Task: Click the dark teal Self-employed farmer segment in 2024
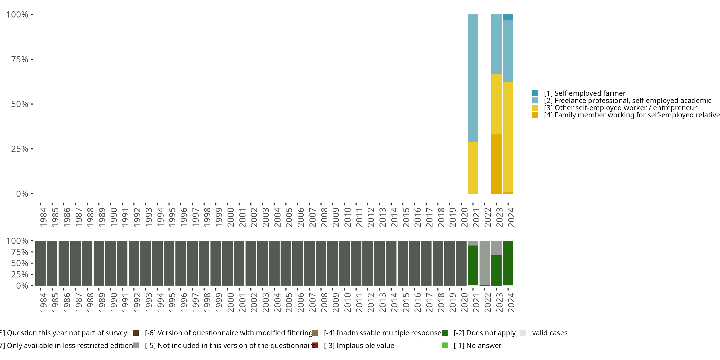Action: point(508,17)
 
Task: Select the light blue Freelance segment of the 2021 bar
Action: point(473,78)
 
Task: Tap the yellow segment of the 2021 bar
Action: point(473,168)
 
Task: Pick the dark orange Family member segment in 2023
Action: point(496,164)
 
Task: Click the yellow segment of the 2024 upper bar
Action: point(508,137)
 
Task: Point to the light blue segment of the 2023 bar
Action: point(496,44)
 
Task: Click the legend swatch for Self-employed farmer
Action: point(535,93)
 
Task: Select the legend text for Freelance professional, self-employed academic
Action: point(628,101)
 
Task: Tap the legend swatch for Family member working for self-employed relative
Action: point(535,115)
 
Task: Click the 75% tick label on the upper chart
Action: point(20,59)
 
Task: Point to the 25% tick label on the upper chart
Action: point(20,149)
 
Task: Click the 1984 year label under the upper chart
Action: point(43,217)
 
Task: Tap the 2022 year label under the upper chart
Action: point(488,217)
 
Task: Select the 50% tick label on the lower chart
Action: point(20,263)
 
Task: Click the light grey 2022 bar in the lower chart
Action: point(485,263)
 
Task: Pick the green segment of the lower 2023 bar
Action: point(496,270)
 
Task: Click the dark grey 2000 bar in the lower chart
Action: point(228,263)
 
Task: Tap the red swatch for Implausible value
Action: point(315,345)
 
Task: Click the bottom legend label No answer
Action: point(477,346)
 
